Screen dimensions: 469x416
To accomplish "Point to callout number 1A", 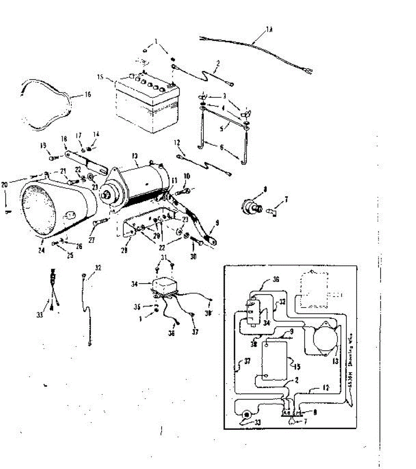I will click(x=269, y=29).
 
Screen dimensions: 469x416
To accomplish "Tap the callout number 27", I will click(x=91, y=241).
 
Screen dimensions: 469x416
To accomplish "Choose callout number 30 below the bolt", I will click(x=193, y=256).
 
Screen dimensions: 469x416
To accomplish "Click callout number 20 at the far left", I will click(x=5, y=185).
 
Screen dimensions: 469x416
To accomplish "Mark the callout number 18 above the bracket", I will click(x=64, y=139).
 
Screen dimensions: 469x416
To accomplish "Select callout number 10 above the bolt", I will click(x=187, y=177).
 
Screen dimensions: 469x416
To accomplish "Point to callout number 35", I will click(x=137, y=307).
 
